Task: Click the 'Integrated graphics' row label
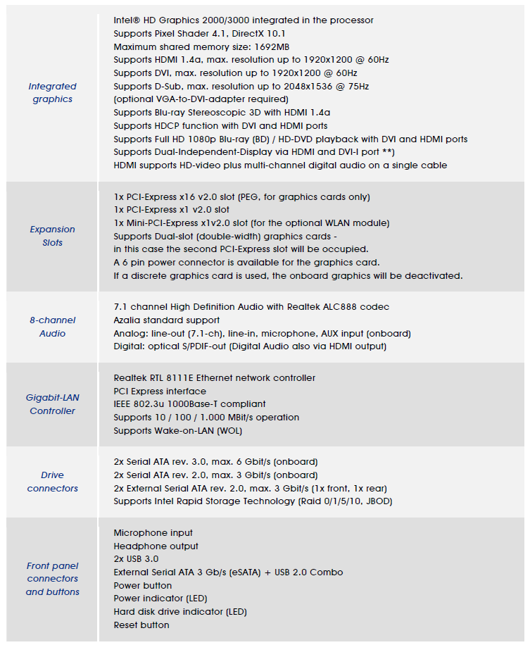tap(52, 93)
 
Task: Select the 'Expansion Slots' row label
tap(52, 236)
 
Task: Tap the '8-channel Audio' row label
tap(52, 327)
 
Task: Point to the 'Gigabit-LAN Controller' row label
tap(52, 404)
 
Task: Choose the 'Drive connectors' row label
tap(52, 482)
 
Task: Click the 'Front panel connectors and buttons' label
tap(52, 579)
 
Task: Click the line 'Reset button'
tap(141, 625)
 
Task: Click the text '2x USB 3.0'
tap(136, 559)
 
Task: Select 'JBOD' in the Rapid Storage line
tap(374, 501)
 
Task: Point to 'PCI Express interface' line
tap(160, 391)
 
